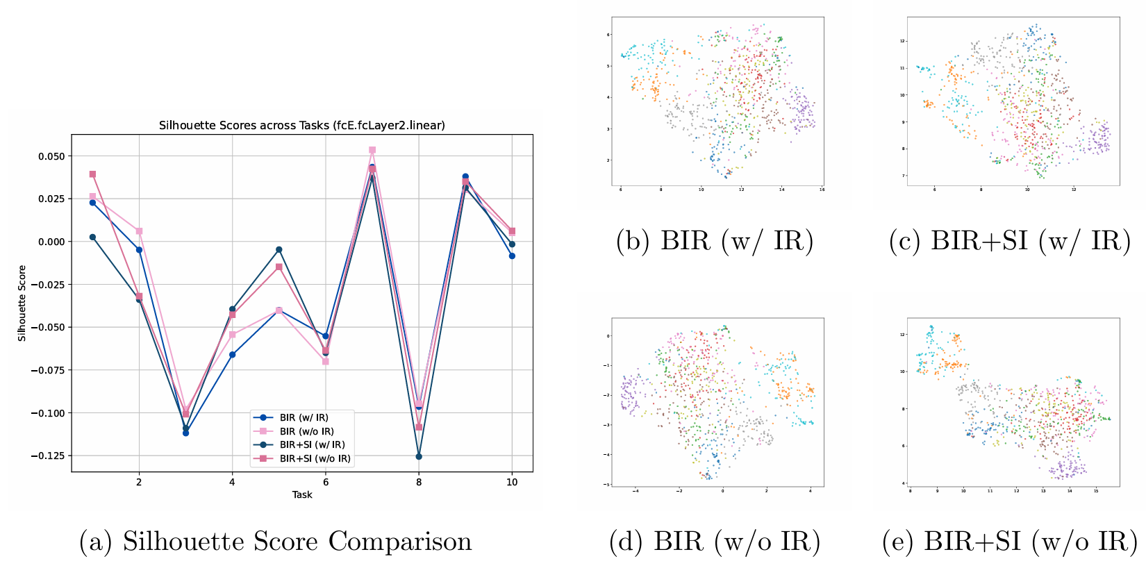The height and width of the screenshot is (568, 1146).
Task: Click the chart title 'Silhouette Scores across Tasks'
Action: (x=302, y=126)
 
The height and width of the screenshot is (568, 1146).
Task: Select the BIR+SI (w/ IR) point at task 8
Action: (x=419, y=456)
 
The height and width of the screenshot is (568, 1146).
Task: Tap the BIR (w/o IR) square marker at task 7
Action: (x=372, y=150)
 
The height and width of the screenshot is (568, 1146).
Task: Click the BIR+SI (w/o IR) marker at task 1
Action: (x=92, y=174)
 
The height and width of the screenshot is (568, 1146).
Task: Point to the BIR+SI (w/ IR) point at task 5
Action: (x=279, y=249)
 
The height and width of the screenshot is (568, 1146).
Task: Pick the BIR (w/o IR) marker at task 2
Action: (x=139, y=231)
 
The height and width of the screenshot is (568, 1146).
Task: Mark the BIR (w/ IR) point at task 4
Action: (x=232, y=355)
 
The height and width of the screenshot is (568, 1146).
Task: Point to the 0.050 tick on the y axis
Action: (x=51, y=156)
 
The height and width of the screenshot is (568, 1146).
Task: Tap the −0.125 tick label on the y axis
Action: (x=48, y=456)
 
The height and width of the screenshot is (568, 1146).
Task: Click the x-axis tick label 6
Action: (x=325, y=482)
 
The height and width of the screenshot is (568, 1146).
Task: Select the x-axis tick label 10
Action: (x=512, y=482)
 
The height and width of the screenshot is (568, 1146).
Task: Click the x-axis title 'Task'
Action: (x=302, y=495)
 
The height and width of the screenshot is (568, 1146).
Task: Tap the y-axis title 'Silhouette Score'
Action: (x=22, y=303)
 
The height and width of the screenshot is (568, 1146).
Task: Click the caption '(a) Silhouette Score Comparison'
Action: (x=276, y=542)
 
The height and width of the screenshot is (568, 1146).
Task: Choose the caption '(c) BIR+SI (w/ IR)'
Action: (x=1010, y=241)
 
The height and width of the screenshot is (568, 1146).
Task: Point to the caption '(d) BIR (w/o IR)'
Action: (x=715, y=542)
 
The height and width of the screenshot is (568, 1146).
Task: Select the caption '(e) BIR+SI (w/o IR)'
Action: (x=1010, y=542)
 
